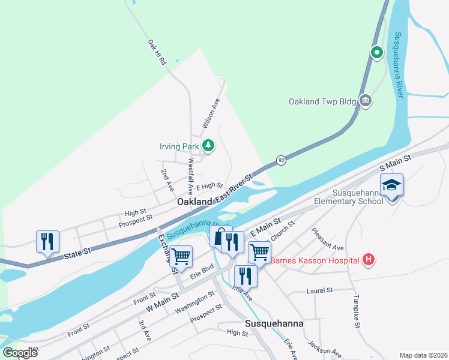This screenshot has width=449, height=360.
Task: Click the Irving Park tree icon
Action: [x=208, y=145]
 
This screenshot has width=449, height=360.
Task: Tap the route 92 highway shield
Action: [x=280, y=160]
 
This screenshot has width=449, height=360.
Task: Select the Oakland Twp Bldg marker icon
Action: [x=364, y=100]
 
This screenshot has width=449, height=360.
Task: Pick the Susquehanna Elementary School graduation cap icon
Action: [x=391, y=185]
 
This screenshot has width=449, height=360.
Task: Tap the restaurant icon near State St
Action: [x=47, y=241]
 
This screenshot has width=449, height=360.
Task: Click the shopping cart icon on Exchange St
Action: [x=181, y=257]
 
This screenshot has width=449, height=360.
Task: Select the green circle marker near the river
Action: [x=377, y=53]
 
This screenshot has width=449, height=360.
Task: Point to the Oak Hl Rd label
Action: [x=156, y=53]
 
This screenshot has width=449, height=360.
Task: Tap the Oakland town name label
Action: [x=194, y=202]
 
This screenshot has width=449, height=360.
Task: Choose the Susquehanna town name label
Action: [x=274, y=323]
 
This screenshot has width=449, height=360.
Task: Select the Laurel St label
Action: [x=319, y=290]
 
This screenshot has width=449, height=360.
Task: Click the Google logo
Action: [x=20, y=353]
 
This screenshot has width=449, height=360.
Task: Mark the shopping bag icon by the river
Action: [x=218, y=236]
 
